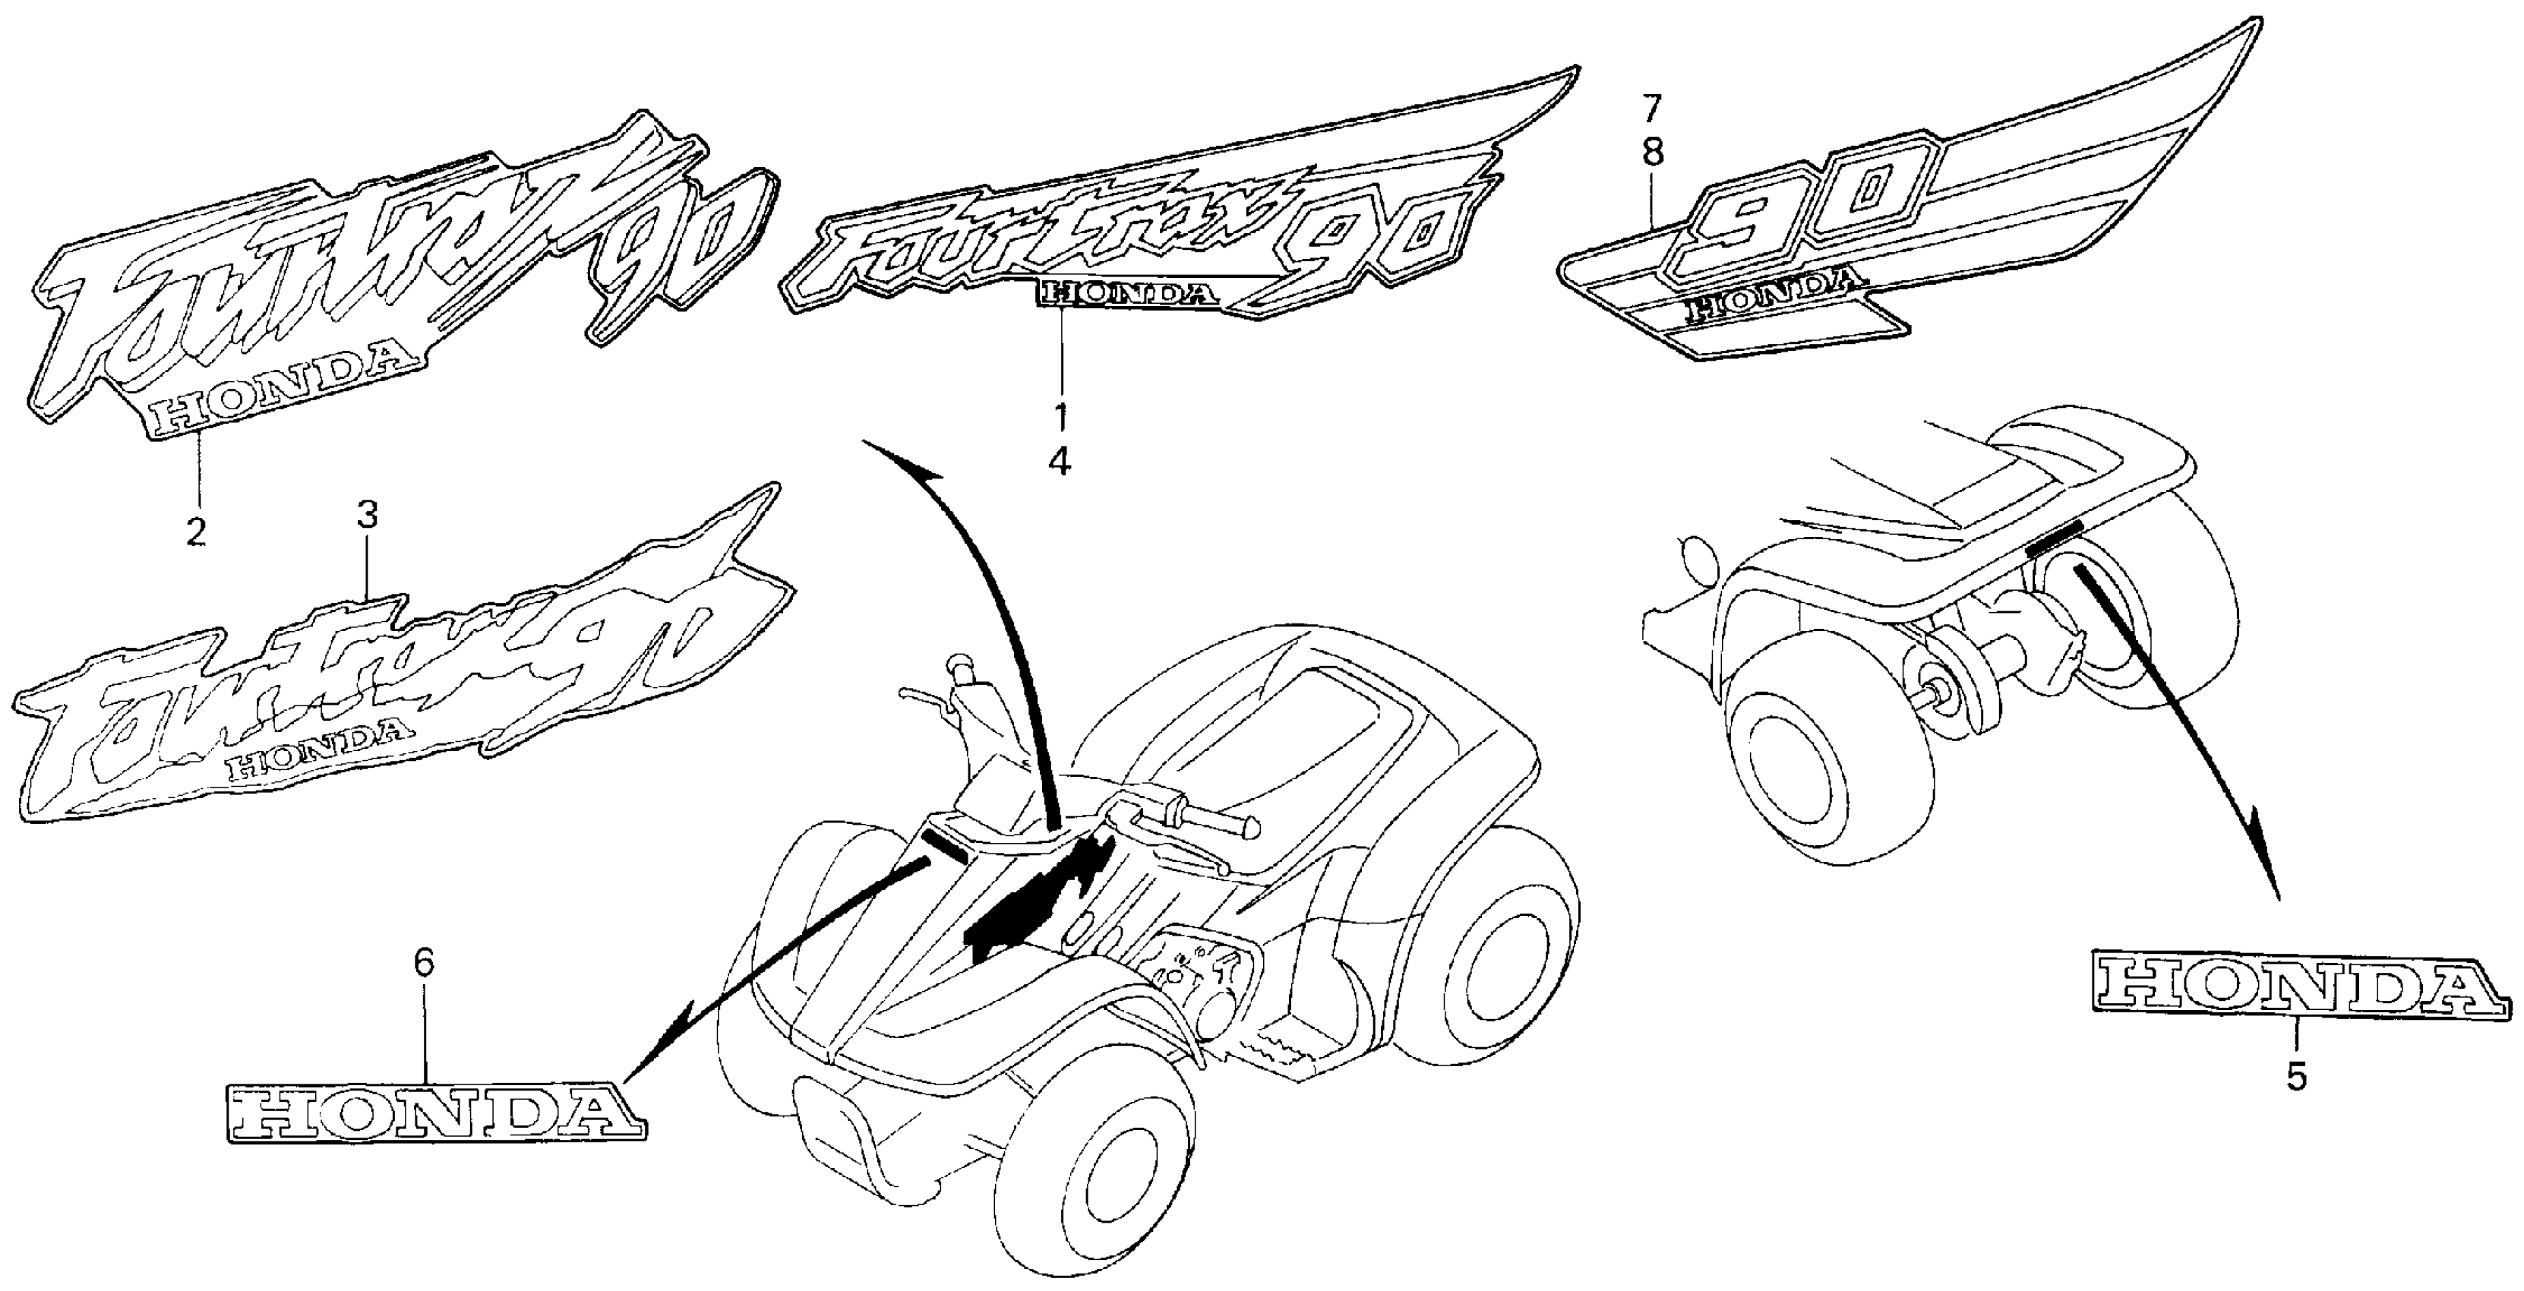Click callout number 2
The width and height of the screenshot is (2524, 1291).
(x=197, y=531)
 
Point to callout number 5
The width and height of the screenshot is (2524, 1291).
(x=2297, y=1078)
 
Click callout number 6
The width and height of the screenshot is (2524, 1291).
(x=422, y=964)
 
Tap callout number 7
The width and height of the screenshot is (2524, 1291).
(x=1652, y=106)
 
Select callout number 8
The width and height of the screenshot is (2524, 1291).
(x=1652, y=153)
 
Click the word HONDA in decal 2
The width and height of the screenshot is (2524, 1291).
(x=280, y=402)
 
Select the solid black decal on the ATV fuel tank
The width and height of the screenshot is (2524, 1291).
(x=1038, y=901)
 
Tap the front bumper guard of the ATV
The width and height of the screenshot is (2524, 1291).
(x=842, y=1136)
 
